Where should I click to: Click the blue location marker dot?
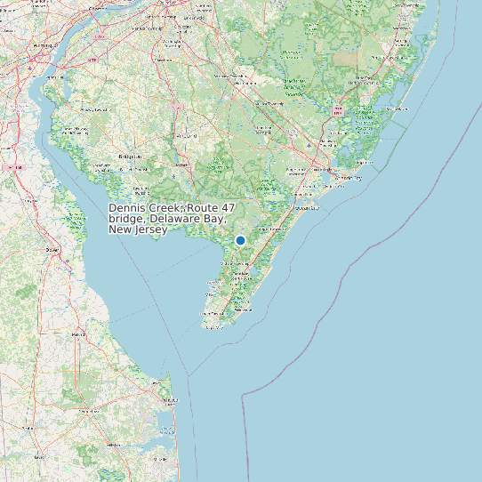(x=240, y=240)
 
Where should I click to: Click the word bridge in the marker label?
(x=127, y=219)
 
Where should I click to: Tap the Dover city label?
(x=52, y=250)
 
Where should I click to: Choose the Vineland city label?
(x=188, y=136)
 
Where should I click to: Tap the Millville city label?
(x=184, y=165)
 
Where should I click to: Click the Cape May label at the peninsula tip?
(x=213, y=326)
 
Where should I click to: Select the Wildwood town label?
(x=242, y=309)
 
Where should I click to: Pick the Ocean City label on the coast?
(x=307, y=207)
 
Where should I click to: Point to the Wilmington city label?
(x=43, y=44)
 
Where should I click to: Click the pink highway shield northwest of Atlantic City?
(x=338, y=110)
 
